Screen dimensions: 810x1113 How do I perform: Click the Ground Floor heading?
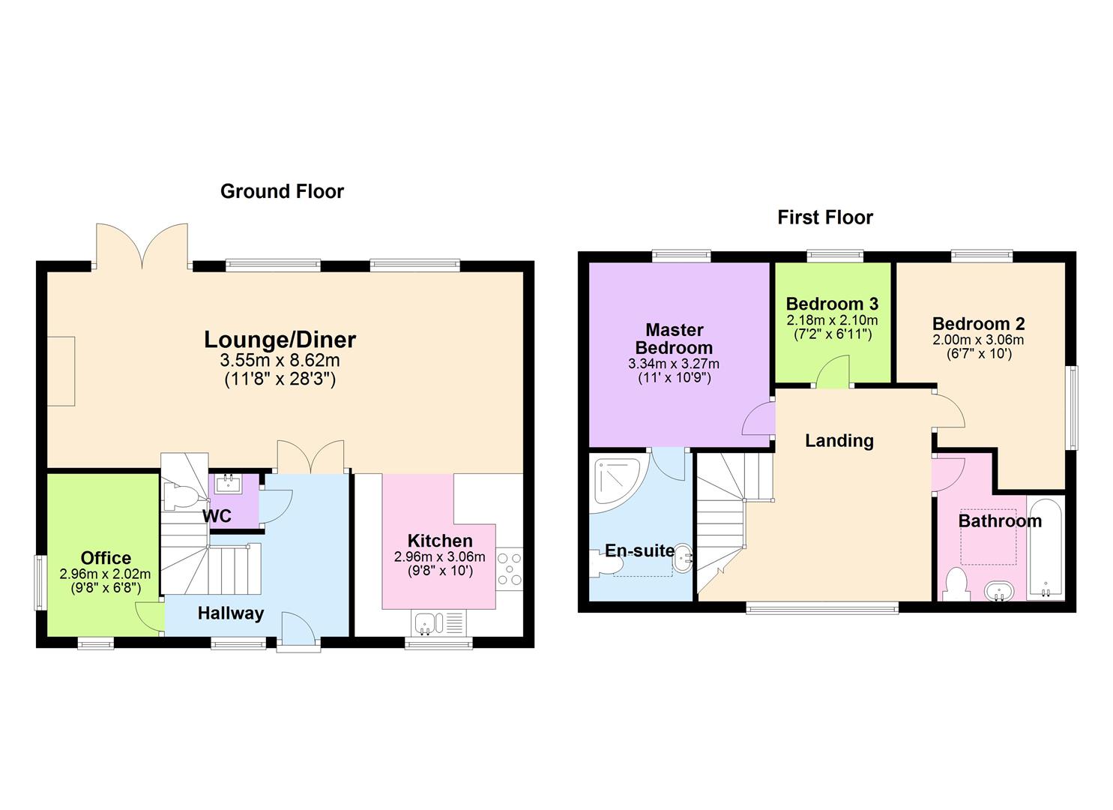(x=282, y=191)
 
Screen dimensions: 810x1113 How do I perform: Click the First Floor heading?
(x=825, y=217)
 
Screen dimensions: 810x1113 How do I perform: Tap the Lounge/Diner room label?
(x=280, y=340)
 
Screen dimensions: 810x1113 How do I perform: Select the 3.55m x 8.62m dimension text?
(x=280, y=361)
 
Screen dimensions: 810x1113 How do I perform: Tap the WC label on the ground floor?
(x=217, y=517)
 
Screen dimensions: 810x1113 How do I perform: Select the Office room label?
(x=106, y=558)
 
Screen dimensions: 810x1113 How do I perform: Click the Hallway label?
(x=231, y=613)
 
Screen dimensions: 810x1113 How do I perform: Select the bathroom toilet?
(x=956, y=584)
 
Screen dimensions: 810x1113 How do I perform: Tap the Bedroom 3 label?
(x=832, y=304)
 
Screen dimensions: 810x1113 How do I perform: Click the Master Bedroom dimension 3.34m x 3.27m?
(x=673, y=364)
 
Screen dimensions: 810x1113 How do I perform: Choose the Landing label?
(x=839, y=440)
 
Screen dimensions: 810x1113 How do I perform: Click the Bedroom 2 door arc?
(x=949, y=409)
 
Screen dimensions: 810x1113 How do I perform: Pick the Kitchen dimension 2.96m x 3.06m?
(x=439, y=557)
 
